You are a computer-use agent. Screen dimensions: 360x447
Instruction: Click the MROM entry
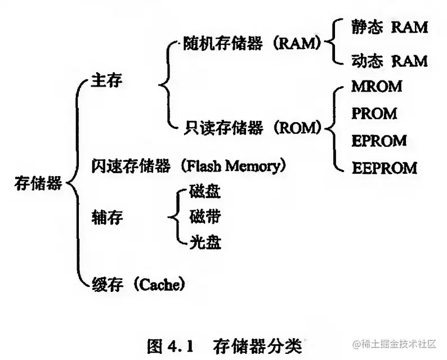[377, 87]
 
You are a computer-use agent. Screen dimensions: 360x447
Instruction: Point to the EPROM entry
[378, 140]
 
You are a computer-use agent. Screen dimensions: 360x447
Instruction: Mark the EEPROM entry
[384, 168]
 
